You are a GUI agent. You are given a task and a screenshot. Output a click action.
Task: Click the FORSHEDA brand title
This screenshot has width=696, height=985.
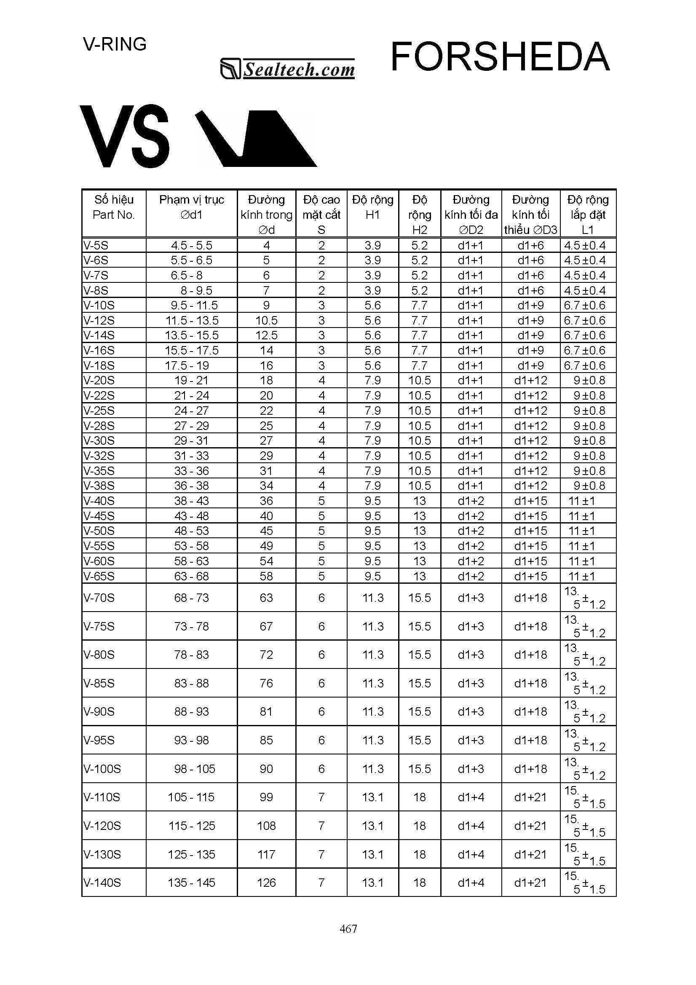(500, 56)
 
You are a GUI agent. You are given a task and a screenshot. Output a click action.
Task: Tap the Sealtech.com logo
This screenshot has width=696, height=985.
(287, 69)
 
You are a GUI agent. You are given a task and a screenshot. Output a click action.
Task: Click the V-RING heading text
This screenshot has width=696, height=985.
(115, 44)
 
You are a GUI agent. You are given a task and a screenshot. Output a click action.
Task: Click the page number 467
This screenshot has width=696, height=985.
(348, 929)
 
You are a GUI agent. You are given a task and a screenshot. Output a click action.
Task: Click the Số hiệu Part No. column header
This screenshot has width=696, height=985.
(114, 207)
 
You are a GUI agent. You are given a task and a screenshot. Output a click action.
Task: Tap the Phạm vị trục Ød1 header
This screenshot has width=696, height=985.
(191, 207)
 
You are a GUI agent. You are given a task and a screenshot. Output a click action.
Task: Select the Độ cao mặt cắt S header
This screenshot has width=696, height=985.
(321, 215)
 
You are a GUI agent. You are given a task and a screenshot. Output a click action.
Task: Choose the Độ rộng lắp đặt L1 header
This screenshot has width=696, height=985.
(587, 215)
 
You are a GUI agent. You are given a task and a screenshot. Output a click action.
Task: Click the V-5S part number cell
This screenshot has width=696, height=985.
(96, 246)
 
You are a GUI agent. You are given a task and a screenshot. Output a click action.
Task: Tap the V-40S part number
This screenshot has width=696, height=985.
(99, 501)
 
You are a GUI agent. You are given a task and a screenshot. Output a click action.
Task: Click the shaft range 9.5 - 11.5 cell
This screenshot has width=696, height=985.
(194, 306)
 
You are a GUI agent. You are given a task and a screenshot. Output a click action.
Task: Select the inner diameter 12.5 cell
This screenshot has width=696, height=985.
(266, 335)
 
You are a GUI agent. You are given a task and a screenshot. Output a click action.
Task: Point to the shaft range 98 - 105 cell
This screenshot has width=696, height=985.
(194, 769)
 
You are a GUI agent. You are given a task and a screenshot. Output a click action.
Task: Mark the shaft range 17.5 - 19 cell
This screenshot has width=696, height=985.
(187, 365)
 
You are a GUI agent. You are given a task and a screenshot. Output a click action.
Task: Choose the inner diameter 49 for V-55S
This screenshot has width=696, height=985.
(266, 546)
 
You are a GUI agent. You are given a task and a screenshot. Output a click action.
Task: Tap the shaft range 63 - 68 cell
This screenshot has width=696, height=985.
(191, 576)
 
